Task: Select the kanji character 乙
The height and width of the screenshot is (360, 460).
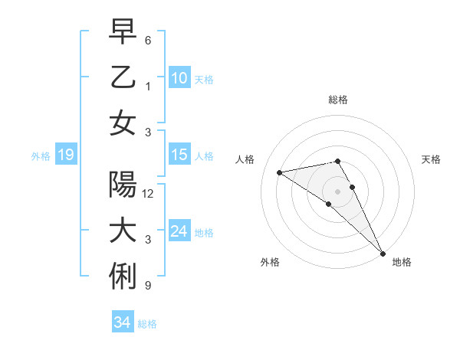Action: pyautogui.click(x=123, y=77)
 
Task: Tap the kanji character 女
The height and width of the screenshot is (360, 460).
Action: pyautogui.click(x=123, y=123)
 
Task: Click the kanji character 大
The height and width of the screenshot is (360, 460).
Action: pyautogui.click(x=123, y=231)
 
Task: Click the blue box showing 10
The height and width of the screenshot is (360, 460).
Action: pyautogui.click(x=179, y=77)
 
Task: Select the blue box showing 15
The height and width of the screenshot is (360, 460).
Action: pyautogui.click(x=179, y=155)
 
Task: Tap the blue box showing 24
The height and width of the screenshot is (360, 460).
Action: pyautogui.click(x=179, y=231)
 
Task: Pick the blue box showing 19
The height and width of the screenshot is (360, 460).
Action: pyautogui.click(x=66, y=155)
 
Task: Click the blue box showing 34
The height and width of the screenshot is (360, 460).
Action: pyautogui.click(x=123, y=322)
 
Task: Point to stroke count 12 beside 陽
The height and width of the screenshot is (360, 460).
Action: pyautogui.click(x=148, y=194)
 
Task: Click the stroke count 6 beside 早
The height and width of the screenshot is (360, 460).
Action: pyautogui.click(x=148, y=40)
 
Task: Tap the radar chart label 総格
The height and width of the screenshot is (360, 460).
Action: pyautogui.click(x=338, y=100)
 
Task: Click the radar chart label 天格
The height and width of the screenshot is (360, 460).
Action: pyautogui.click(x=431, y=159)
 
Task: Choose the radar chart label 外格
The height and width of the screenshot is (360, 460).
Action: pyautogui.click(x=270, y=262)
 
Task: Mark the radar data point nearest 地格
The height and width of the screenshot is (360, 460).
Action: pyautogui.click(x=382, y=253)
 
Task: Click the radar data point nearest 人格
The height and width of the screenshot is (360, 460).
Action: pyautogui.click(x=280, y=172)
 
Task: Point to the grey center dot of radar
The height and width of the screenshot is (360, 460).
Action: pyautogui.click(x=338, y=191)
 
